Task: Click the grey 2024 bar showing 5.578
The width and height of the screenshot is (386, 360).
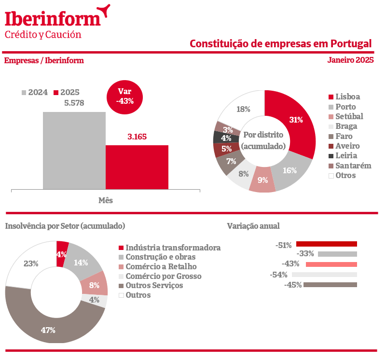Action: coord(74,150)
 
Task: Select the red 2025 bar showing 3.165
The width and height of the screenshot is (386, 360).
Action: coord(137,166)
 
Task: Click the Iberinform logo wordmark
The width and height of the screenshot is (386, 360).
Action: coord(53,18)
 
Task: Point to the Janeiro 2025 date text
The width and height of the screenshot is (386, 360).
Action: coord(350,60)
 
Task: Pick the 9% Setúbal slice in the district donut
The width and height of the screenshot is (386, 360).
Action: coord(263,180)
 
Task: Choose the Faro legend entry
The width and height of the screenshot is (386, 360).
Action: coord(343,136)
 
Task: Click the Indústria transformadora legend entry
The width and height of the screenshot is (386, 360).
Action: coord(169,248)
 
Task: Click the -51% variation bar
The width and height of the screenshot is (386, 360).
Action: coord(326,244)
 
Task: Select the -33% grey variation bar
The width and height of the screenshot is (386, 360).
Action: coord(337,254)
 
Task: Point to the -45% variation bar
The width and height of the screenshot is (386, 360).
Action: coord(330,285)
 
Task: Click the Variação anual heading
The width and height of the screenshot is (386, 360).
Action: coord(253,226)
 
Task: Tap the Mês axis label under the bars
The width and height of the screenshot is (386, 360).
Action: coord(105,200)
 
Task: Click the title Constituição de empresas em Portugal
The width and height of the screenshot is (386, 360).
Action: coord(281,43)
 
